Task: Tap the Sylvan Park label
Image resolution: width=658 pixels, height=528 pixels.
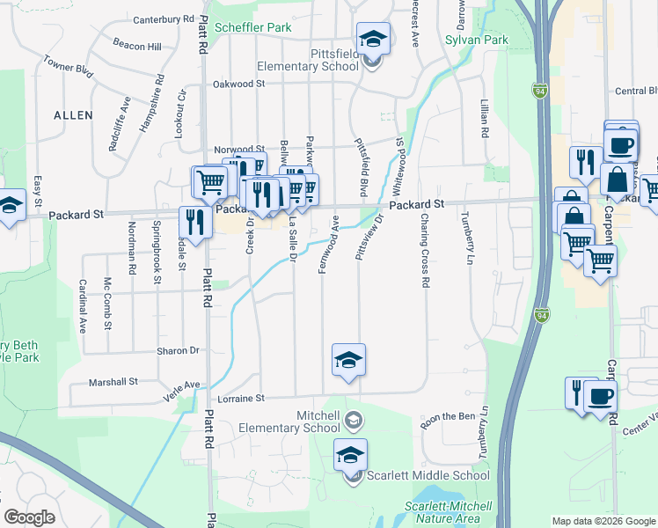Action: point(477,40)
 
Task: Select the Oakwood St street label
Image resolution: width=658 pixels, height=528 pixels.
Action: point(238,84)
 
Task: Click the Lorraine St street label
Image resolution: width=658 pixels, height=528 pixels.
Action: point(241,399)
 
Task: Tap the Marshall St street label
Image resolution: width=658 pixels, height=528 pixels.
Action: point(114,382)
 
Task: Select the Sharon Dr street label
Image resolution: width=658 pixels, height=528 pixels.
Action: point(178,350)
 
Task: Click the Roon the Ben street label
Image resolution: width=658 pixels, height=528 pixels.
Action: point(448,417)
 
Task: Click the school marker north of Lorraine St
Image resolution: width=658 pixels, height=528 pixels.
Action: point(348,359)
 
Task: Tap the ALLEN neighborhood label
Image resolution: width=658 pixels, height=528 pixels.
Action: point(72,115)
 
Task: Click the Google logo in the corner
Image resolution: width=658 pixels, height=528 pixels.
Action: point(29,517)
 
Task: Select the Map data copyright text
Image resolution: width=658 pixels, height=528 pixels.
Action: point(603,521)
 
